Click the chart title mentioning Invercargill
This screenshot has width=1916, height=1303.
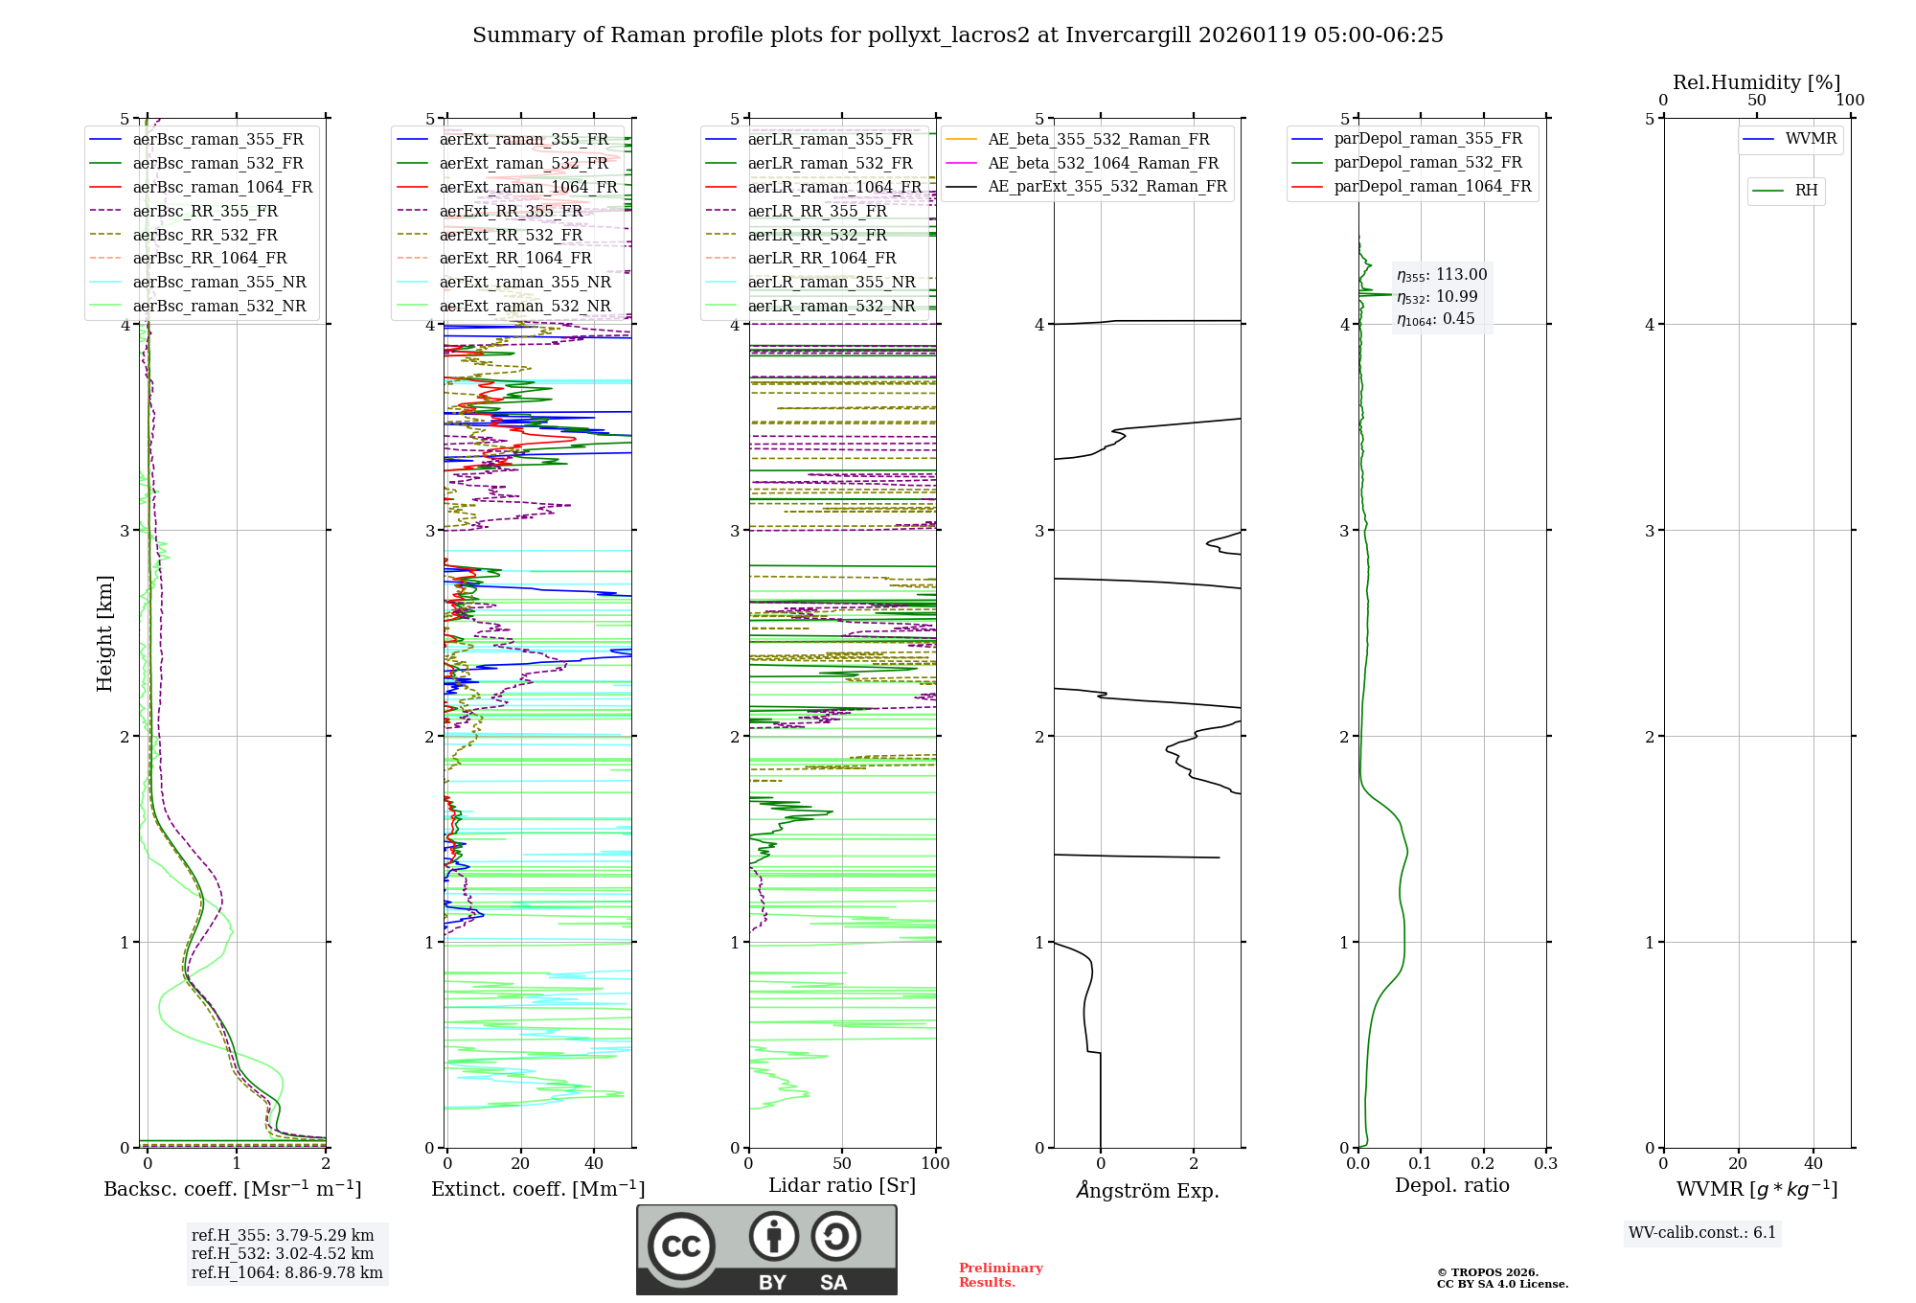pyautogui.click(x=957, y=35)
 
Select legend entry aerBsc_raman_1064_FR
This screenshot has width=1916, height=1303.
pyautogui.click(x=222, y=187)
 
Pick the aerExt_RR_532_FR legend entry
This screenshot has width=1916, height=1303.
pyautogui.click(x=511, y=235)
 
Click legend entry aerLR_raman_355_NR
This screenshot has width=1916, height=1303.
pyautogui.click(x=831, y=282)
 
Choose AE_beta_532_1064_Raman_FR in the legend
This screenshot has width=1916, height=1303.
pyautogui.click(x=1103, y=163)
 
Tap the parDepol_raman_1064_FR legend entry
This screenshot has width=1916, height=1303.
pyautogui.click(x=1432, y=186)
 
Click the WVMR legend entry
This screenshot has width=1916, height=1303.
pyautogui.click(x=1811, y=139)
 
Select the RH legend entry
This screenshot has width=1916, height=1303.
pyautogui.click(x=1806, y=191)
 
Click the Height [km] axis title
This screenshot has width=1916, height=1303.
pyautogui.click(x=104, y=633)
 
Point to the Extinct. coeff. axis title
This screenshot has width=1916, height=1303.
pyautogui.click(x=537, y=1189)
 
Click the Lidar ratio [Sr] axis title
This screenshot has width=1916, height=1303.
pyautogui.click(x=842, y=1185)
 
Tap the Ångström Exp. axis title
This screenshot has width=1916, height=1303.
pyautogui.click(x=1148, y=1190)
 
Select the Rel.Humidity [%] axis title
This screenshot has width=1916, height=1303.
pyautogui.click(x=1756, y=82)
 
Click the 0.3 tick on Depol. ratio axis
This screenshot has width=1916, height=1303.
pyautogui.click(x=1545, y=1164)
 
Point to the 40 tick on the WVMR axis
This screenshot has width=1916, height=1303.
pyautogui.click(x=1813, y=1164)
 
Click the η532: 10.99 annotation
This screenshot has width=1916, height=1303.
pyautogui.click(x=1437, y=297)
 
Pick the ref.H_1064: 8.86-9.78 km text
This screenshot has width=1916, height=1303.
pyautogui.click(x=286, y=1273)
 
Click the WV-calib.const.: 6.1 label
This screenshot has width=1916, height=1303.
pyautogui.click(x=1702, y=1233)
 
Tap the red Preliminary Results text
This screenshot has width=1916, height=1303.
pyautogui.click(x=1000, y=1275)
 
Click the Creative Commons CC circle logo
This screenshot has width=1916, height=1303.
pyautogui.click(x=681, y=1246)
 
